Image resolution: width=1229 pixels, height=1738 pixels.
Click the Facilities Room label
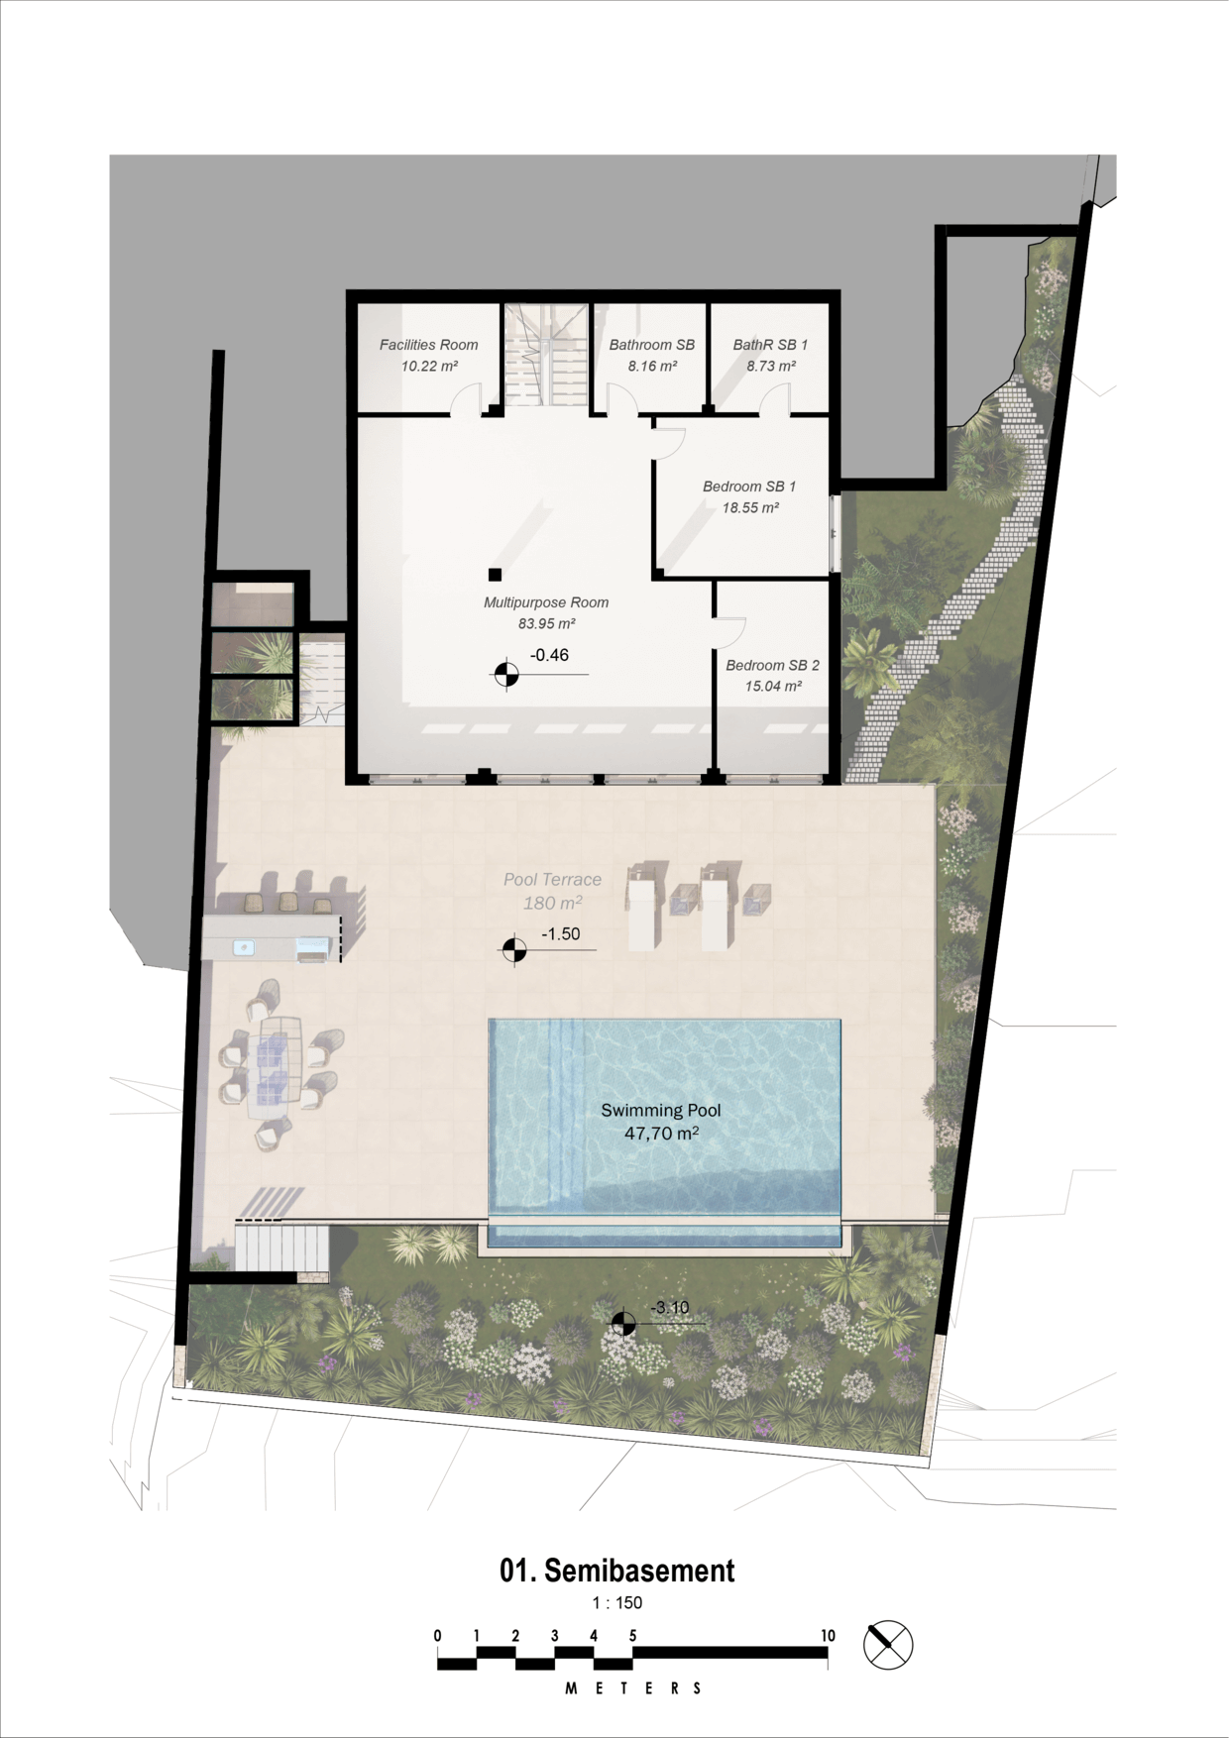point(428,345)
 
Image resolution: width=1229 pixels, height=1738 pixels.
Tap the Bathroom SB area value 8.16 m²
point(652,367)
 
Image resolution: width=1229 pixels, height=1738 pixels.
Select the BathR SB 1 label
point(770,345)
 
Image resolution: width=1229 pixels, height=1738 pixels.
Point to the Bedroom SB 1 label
point(749,487)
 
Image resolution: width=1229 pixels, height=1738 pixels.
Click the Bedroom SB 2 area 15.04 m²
point(773,687)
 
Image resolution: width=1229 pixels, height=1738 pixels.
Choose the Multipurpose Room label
point(546,602)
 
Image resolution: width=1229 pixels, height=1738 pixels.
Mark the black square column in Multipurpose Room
point(495,575)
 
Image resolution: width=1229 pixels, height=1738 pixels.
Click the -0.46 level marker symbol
point(506,675)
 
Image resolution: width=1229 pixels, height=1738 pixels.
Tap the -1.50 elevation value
point(560,934)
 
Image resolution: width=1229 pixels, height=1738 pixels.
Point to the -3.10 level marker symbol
point(623,1323)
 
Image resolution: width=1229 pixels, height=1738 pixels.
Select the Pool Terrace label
point(552,880)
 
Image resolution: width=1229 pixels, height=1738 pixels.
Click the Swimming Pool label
point(661,1111)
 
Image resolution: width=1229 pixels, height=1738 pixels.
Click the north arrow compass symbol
point(888,1645)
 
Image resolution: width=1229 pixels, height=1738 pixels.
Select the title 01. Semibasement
point(616,1571)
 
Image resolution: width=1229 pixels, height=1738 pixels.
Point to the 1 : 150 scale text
point(616,1603)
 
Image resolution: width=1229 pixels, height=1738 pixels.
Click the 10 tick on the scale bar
point(828,1636)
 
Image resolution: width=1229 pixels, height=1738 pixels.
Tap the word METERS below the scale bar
point(633,1688)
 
